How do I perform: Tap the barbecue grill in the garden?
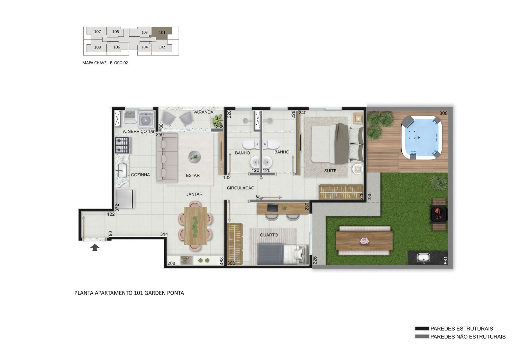tap(439, 215)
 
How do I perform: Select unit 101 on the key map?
tap(162, 32)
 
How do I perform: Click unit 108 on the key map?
tap(97, 47)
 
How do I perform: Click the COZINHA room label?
tap(140, 175)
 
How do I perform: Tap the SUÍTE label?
tap(330, 171)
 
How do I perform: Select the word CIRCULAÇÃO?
tap(240, 188)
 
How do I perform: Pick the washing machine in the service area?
tap(146, 119)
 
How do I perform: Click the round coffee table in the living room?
tap(194, 157)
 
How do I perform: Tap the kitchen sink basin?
tap(122, 171)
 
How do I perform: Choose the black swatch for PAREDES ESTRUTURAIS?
tap(422, 328)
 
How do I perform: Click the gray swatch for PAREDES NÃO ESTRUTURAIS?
tap(422, 336)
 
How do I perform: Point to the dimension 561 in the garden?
tap(446, 260)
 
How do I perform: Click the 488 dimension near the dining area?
tap(221, 261)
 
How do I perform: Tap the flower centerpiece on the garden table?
tap(364, 241)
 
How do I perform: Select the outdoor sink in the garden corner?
tap(423, 258)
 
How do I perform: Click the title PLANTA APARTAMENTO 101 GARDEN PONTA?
tap(129, 293)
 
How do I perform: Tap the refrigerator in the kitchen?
tap(125, 199)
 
